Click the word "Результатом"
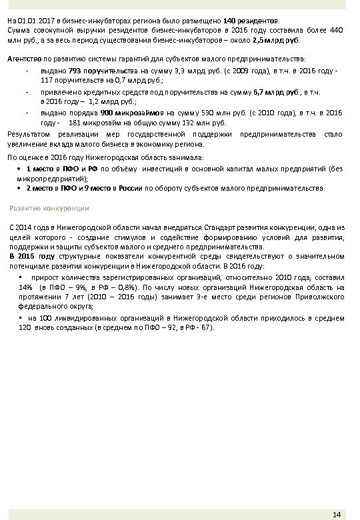pos(30,134)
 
